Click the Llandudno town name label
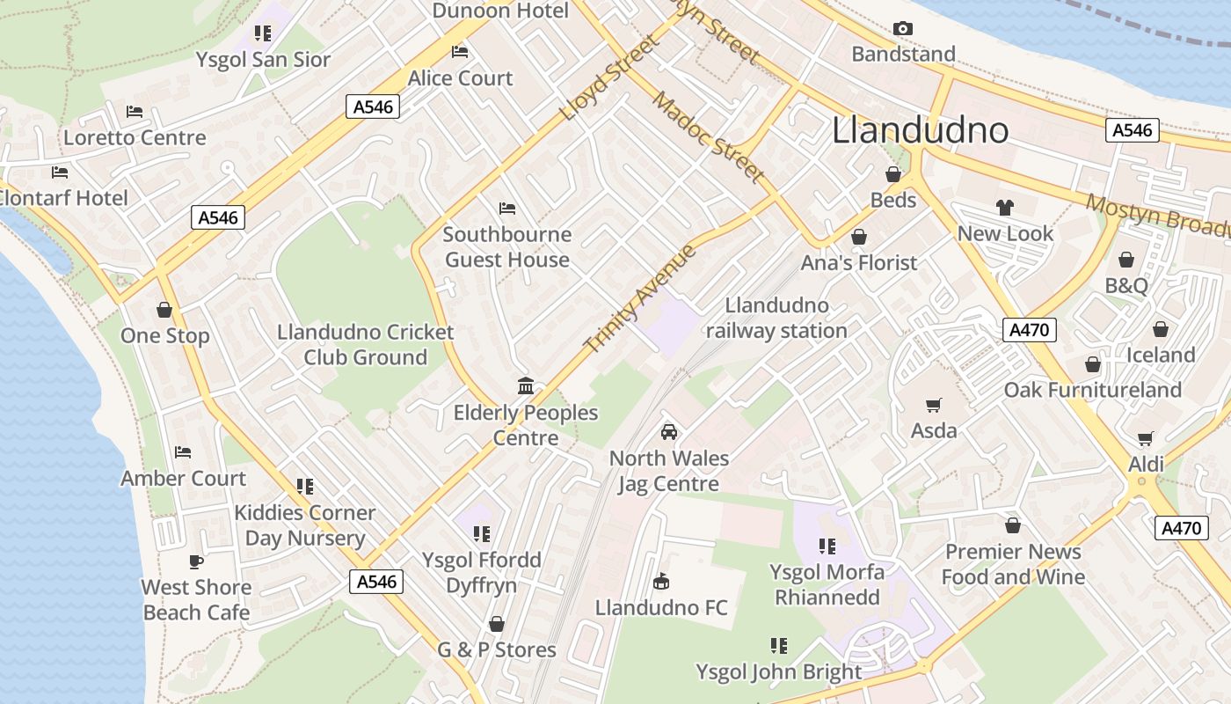tap(920, 130)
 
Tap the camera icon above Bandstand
tap(902, 29)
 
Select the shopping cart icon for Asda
tap(933, 405)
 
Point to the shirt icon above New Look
tap(1005, 208)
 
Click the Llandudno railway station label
tap(776, 318)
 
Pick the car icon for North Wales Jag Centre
tap(669, 432)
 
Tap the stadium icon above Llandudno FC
tap(661, 582)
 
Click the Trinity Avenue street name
tap(640, 298)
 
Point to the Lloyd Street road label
tap(608, 77)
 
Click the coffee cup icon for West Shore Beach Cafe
tap(196, 561)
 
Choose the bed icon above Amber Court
tap(183, 452)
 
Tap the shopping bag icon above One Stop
tap(164, 310)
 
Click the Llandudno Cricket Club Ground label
tap(366, 345)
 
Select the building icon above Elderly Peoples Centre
tap(526, 385)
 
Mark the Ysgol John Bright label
tap(779, 672)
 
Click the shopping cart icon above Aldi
tap(1145, 438)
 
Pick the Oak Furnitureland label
tap(1093, 390)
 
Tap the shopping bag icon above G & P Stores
tap(497, 624)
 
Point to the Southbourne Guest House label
tap(507, 247)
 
